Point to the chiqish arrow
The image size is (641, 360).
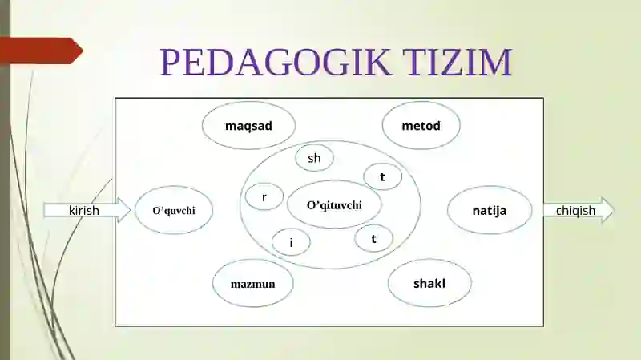pyautogui.click(x=579, y=210)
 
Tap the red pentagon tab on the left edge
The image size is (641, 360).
pyautogui.click(x=41, y=51)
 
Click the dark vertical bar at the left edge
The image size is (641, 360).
pyautogui.click(x=5, y=180)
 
